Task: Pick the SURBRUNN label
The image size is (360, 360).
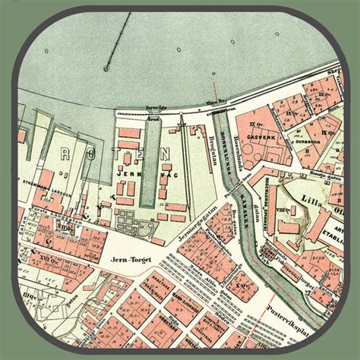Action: point(314,141)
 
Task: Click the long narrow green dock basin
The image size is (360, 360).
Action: point(148,163)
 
